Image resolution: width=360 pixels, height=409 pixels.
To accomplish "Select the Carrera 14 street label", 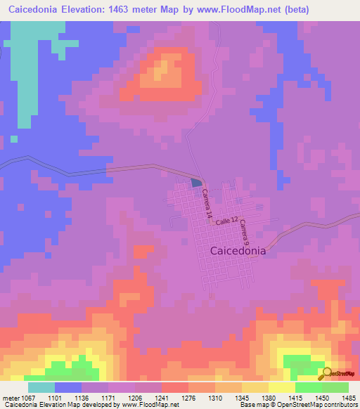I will tap(207, 205).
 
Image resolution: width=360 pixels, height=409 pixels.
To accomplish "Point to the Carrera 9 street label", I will tap(243, 231).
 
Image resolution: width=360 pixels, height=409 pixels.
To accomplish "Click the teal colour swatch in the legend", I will tap(41, 387).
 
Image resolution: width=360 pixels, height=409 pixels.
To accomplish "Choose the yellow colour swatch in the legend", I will tap(281, 387).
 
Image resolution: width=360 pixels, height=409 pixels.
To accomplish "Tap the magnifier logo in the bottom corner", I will tap(327, 373).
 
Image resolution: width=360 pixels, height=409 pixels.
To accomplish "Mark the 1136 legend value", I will tap(86, 397).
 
